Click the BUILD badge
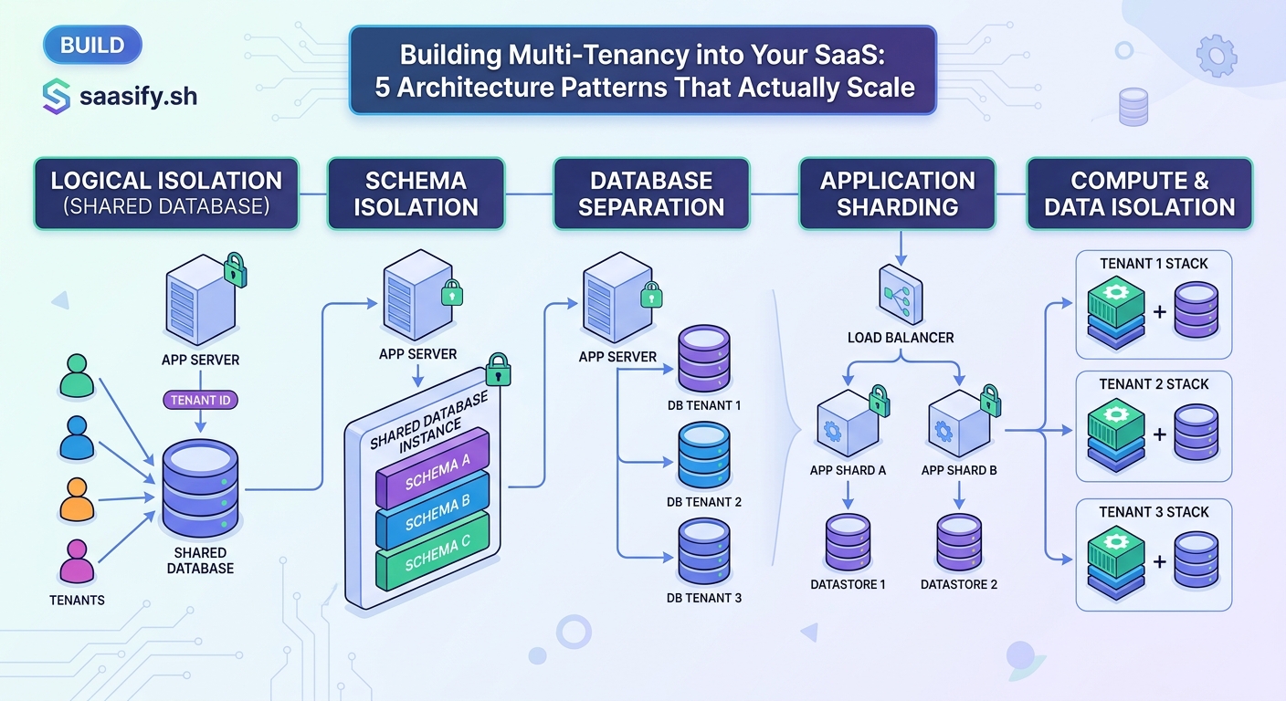coord(91,46)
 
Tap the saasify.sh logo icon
coord(57,97)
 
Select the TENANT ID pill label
coord(200,400)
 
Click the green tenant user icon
coord(77,376)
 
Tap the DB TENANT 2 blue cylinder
coord(703,455)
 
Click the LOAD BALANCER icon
coord(901,293)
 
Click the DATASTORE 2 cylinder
coord(958,542)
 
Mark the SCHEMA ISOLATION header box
coord(416,194)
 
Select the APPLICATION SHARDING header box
coord(897,194)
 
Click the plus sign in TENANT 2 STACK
coord(1159,434)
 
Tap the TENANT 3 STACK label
coord(1154,512)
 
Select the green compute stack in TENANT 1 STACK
coord(1114,315)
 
